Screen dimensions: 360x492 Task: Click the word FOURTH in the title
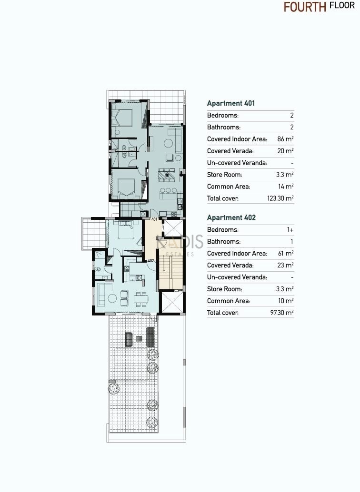(x=305, y=7)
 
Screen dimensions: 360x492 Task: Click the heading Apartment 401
(x=231, y=103)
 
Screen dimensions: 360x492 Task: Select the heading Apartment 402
(x=231, y=217)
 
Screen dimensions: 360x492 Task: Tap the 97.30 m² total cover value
(x=282, y=313)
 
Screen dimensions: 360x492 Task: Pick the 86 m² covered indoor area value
(x=286, y=139)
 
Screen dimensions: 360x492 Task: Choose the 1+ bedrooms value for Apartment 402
(x=290, y=230)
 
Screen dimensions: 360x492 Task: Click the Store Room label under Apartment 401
(x=224, y=175)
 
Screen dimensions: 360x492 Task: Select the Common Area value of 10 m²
(x=286, y=301)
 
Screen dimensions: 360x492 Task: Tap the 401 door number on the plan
(x=154, y=220)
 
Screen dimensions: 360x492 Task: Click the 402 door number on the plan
(x=150, y=260)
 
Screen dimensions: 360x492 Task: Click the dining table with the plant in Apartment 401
(x=168, y=175)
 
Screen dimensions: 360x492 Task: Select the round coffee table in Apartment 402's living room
(x=112, y=298)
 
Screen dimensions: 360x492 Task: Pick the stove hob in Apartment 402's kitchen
(x=127, y=268)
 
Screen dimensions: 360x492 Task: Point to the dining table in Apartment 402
(x=141, y=299)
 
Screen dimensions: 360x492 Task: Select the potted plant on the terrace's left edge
(x=114, y=388)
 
